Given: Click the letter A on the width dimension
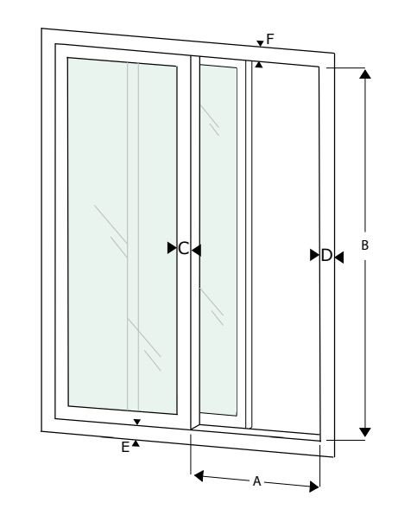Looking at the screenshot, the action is (x=256, y=481).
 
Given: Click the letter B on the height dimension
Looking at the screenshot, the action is (x=364, y=245).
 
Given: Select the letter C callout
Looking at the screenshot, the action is (x=183, y=249).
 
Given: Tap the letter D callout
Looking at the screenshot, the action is (x=326, y=256).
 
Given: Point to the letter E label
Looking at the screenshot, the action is (x=125, y=448).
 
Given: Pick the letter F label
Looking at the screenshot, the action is (x=270, y=39).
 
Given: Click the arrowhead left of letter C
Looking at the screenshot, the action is (x=172, y=248).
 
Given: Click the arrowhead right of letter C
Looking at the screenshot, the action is (x=196, y=251).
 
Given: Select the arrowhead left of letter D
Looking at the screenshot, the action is (x=315, y=255).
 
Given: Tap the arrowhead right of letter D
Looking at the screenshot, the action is (x=339, y=258).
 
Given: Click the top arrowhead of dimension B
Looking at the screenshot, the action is (x=365, y=74).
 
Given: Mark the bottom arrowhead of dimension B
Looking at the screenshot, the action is (x=365, y=432).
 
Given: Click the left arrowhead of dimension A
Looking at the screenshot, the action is (x=199, y=476).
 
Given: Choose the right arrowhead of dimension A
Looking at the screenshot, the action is (x=314, y=487).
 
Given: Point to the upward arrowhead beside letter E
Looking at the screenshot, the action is (x=136, y=443).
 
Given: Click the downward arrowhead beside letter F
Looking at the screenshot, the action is (x=260, y=43).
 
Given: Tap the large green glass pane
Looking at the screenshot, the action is (x=123, y=236).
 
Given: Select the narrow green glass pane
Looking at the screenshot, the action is (x=218, y=240).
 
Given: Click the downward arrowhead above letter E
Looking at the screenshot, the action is (x=137, y=422).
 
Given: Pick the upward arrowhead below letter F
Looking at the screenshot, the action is (x=259, y=64).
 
